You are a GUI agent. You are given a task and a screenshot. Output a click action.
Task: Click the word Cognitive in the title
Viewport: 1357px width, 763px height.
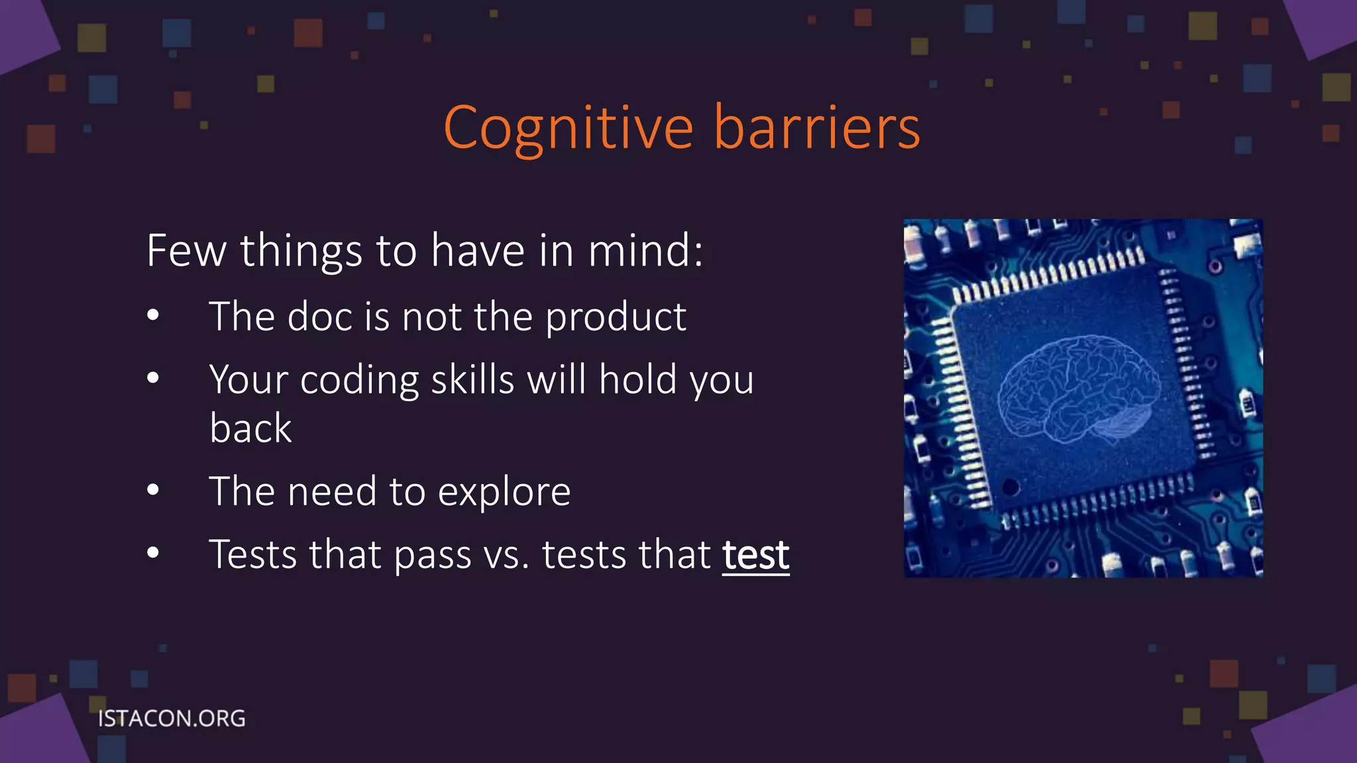tap(569, 128)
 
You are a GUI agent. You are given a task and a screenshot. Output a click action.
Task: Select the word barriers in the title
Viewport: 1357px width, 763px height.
tap(817, 128)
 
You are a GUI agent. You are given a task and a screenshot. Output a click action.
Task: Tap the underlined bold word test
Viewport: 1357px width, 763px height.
tap(755, 554)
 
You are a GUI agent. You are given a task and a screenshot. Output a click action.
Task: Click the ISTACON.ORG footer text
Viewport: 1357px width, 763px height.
tap(172, 719)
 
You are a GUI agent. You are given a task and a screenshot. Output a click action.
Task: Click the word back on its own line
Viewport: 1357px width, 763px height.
tap(250, 428)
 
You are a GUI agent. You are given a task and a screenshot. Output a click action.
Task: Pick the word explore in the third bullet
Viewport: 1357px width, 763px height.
tap(504, 492)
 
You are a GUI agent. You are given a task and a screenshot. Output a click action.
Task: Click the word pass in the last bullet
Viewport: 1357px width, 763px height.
tap(432, 556)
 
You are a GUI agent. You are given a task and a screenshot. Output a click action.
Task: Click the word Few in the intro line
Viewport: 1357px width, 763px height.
tap(186, 250)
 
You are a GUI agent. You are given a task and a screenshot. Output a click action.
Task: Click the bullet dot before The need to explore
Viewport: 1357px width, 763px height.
tap(153, 490)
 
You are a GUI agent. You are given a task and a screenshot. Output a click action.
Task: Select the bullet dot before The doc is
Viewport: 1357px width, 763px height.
tap(153, 315)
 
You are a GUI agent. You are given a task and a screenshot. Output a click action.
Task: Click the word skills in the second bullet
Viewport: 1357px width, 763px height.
tap(472, 380)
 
